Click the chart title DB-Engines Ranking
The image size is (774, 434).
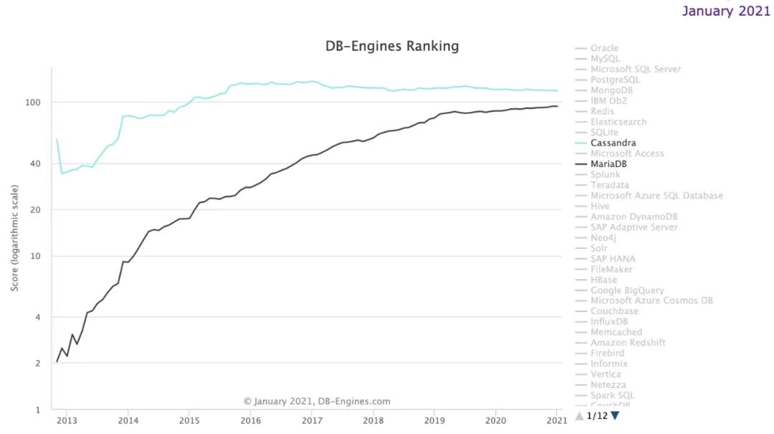point(392,47)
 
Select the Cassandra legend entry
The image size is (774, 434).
point(613,143)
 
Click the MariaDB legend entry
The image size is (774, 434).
point(608,164)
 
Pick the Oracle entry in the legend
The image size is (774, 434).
point(604,48)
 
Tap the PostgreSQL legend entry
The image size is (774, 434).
point(615,80)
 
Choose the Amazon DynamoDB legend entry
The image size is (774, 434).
point(634,217)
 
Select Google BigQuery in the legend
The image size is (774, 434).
point(627,291)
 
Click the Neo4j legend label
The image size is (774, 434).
point(603,237)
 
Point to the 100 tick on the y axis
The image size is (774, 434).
point(33,103)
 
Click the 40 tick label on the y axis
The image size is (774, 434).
point(36,164)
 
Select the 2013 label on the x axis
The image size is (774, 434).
point(67,421)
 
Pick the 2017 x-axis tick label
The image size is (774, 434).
point(311,421)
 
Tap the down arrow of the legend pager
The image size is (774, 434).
point(615,415)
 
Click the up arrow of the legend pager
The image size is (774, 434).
point(579,415)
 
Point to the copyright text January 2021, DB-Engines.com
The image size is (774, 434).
point(317,402)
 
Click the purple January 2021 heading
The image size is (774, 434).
point(725,11)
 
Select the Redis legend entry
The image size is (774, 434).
point(602,111)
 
